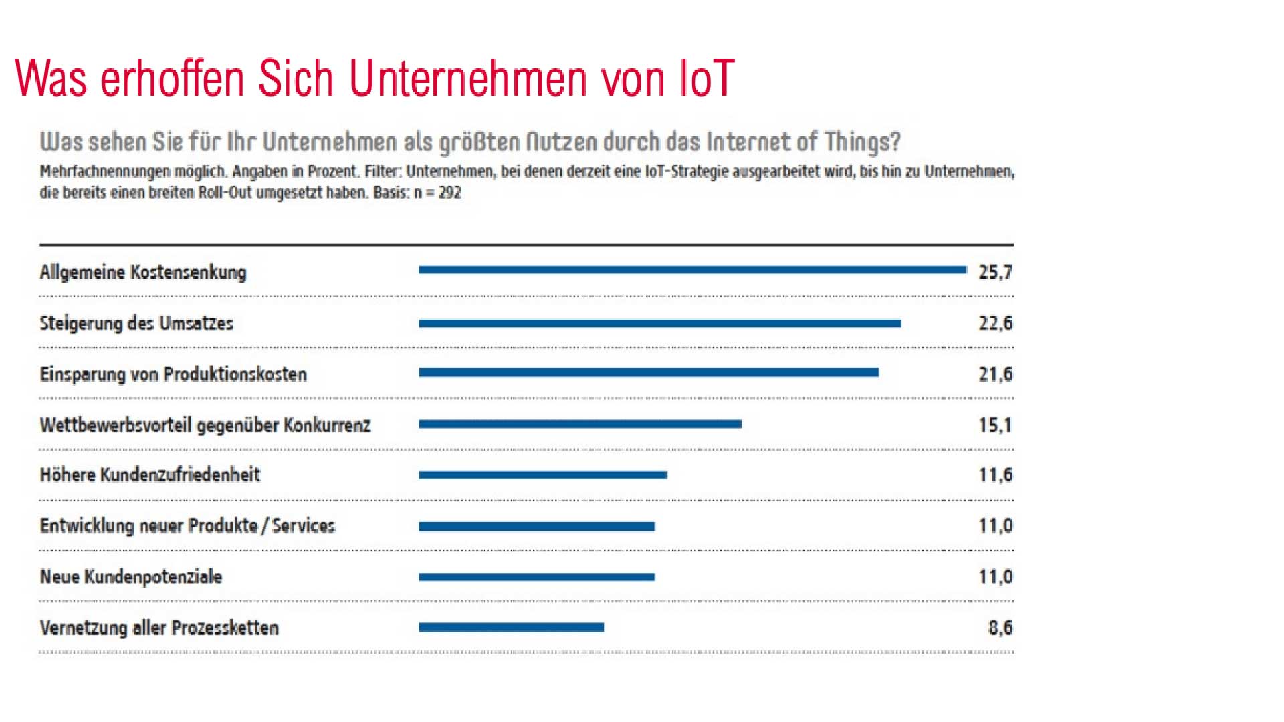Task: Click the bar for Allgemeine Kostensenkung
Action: [692, 270]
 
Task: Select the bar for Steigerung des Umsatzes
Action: [659, 324]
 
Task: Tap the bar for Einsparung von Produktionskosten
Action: [649, 372]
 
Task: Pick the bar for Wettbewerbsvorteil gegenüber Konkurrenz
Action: [580, 424]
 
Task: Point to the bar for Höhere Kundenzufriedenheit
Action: [542, 475]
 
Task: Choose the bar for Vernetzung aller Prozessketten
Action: [511, 628]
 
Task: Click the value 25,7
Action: [995, 272]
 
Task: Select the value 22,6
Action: [995, 324]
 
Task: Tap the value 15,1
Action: [995, 425]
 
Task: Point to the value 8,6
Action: [1000, 628]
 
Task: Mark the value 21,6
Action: [995, 374]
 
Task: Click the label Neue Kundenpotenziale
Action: [130, 577]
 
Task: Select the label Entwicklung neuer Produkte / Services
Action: [187, 526]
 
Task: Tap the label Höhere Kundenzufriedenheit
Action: [150, 475]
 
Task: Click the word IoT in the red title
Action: [706, 79]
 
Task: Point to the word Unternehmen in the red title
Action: [468, 79]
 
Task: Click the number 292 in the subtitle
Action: [450, 193]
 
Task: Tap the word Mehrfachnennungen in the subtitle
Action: [105, 172]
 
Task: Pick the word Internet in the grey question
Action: [748, 142]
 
